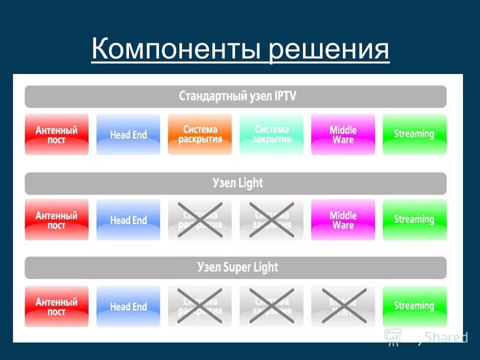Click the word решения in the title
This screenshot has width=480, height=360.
pyautogui.click(x=329, y=50)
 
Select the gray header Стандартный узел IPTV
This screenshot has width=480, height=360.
pyautogui.click(x=235, y=96)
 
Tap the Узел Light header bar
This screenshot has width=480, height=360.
pyautogui.click(x=235, y=183)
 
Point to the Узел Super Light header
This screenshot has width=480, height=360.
pyautogui.click(x=235, y=267)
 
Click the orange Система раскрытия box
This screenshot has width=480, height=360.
pyautogui.click(x=200, y=134)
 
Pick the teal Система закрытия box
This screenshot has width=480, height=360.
pyautogui.click(x=271, y=134)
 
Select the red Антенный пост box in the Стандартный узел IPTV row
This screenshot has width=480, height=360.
pyautogui.click(x=56, y=134)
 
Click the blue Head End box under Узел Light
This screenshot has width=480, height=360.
pyautogui.click(x=128, y=220)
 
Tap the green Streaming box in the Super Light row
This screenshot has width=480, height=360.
pyautogui.click(x=414, y=305)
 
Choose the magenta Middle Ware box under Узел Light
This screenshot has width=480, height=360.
pyautogui.click(x=343, y=220)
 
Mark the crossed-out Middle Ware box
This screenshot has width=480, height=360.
pyautogui.click(x=343, y=305)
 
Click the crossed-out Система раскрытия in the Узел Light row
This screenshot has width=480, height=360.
pyautogui.click(x=200, y=220)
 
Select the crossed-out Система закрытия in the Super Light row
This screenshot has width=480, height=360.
pyautogui.click(x=271, y=305)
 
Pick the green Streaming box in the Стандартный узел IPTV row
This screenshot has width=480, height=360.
pyautogui.click(x=414, y=134)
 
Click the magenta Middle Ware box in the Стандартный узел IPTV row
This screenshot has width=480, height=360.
pyautogui.click(x=343, y=134)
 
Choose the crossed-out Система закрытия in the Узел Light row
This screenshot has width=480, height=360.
pyautogui.click(x=271, y=220)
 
